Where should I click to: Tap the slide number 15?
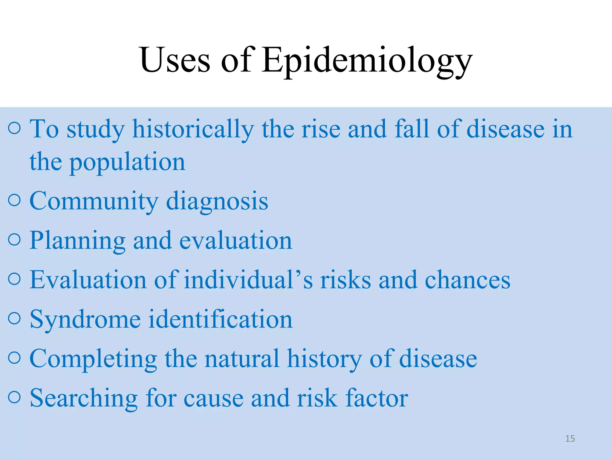pyautogui.click(x=570, y=439)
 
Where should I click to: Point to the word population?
pyautogui.click(x=127, y=163)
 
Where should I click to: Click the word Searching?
pyautogui.click(x=84, y=399)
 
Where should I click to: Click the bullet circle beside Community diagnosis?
pyautogui.click(x=14, y=200)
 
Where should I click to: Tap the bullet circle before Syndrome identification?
pyautogui.click(x=14, y=318)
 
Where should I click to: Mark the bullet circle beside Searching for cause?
pyautogui.click(x=14, y=397)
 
